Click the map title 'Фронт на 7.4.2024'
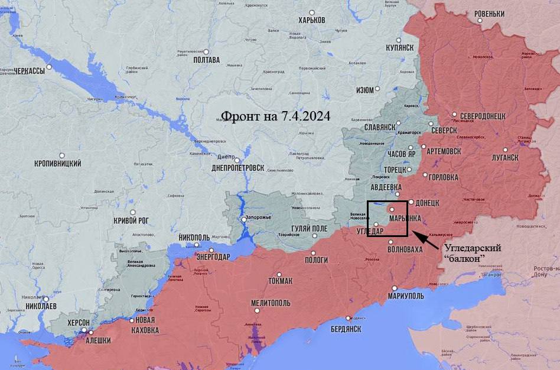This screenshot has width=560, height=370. pyautogui.click(x=275, y=116)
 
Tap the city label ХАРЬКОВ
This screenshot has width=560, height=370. pyautogui.click(x=312, y=20)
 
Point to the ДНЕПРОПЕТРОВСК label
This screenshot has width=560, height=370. pyautogui.click(x=237, y=168)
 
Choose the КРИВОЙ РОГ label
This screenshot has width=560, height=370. pyautogui.click(x=131, y=220)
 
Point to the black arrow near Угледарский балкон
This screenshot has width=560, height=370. pyautogui.click(x=424, y=239)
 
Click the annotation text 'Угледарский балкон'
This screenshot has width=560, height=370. pyautogui.click(x=472, y=253)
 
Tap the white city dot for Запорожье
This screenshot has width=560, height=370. pyautogui.click(x=243, y=219)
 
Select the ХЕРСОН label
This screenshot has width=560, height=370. pyautogui.click(x=77, y=323)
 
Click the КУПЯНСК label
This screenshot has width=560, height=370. pyautogui.click(x=399, y=47)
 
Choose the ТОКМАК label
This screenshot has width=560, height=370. pyautogui.click(x=280, y=281)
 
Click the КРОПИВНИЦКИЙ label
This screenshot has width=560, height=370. pyautogui.click(x=57, y=163)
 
